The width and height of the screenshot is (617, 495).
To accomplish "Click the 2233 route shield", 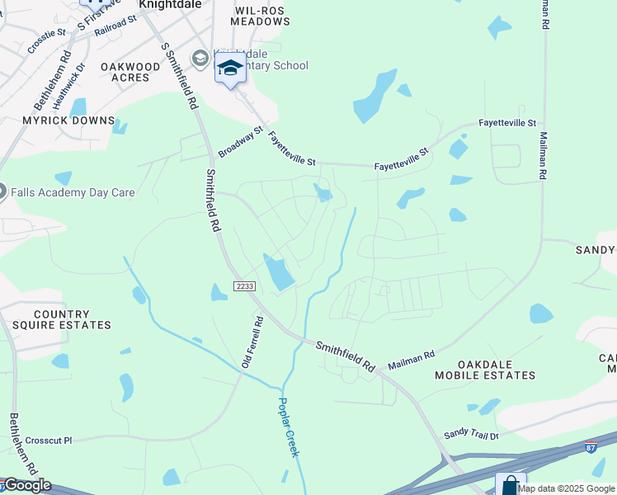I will tap(245, 286).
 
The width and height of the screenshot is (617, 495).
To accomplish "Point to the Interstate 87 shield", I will tap(591, 446).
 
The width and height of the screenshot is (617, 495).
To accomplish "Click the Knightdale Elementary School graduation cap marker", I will tap(230, 69).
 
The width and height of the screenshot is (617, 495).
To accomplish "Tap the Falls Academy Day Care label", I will tap(73, 193).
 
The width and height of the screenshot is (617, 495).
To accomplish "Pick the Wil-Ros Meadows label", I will tap(261, 16).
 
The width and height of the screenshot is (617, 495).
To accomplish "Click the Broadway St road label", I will tap(240, 142).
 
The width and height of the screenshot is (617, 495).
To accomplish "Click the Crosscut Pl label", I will tap(49, 441).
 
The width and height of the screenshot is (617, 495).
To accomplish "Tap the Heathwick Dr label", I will tap(68, 87).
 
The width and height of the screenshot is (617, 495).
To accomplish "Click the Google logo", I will tap(26, 485).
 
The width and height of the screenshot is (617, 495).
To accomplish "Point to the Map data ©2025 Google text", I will tap(567, 488).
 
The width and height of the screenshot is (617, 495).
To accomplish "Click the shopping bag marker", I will tap(511, 485).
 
